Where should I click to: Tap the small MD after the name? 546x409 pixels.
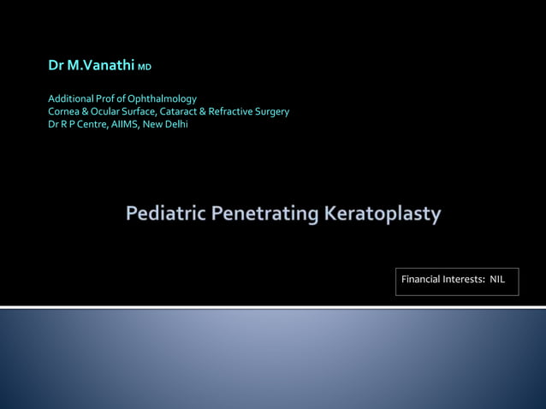coord(145,68)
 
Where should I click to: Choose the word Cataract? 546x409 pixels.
coord(182,111)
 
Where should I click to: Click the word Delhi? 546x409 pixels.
coord(175,124)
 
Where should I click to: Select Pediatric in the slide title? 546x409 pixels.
coord(163,213)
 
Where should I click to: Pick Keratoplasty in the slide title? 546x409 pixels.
coord(383,213)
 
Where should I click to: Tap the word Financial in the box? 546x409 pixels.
coord(421,280)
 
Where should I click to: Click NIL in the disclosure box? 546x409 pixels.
coord(497,280)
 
